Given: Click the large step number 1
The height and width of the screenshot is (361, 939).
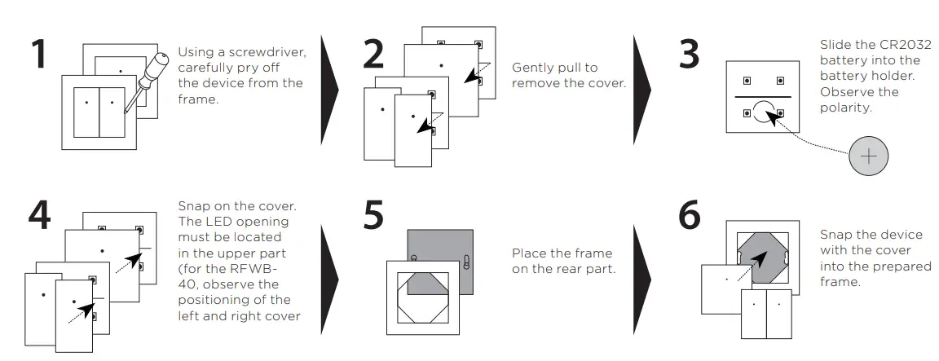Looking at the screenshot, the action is (x=39, y=55).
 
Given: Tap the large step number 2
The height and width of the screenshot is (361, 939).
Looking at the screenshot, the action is (x=373, y=55).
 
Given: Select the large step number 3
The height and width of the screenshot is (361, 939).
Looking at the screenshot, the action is (x=690, y=54).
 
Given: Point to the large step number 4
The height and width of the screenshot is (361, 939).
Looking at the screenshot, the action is (x=39, y=214).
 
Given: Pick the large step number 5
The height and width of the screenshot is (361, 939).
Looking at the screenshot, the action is (x=373, y=214).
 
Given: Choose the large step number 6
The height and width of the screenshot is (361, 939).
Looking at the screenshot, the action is (x=690, y=214).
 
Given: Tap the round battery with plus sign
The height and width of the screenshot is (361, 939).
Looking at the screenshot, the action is (x=869, y=156).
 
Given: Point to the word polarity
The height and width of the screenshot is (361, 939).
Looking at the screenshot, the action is (x=847, y=108).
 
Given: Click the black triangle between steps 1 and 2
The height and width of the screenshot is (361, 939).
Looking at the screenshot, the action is (x=329, y=90).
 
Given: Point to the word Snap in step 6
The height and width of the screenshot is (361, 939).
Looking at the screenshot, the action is (x=836, y=235).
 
